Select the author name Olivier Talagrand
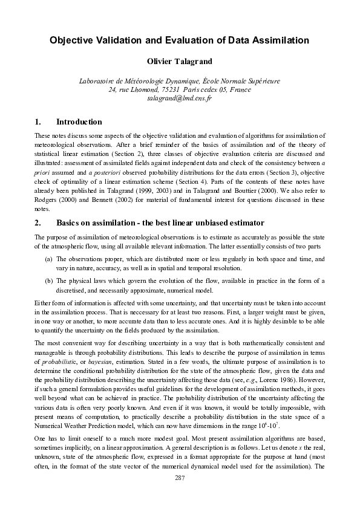coord(180,61)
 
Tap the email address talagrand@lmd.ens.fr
coord(180,98)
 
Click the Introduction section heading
coord(79,122)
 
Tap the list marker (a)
coord(48,258)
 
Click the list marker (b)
coord(48,280)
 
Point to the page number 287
coord(180,478)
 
